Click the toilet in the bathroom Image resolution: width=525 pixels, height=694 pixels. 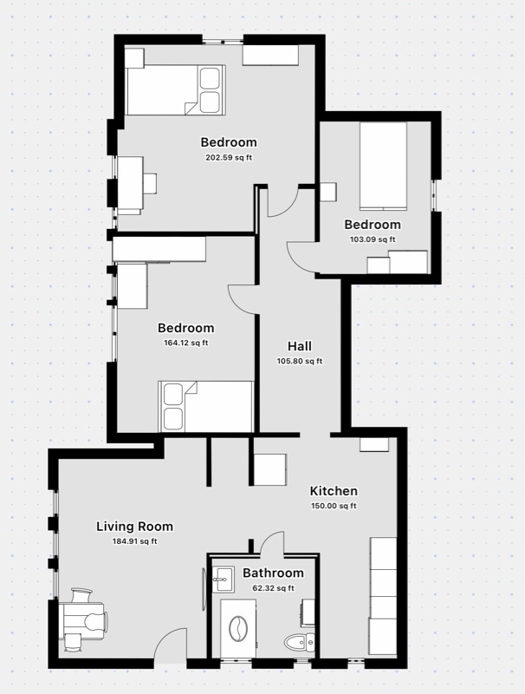[x=298, y=643]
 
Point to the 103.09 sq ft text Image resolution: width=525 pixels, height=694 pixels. [x=372, y=239]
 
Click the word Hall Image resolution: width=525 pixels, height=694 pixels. [x=300, y=345]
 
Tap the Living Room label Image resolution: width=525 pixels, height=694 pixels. [x=134, y=526]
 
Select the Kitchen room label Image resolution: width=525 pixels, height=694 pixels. [x=334, y=490]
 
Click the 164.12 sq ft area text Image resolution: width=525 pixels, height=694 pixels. [x=185, y=343]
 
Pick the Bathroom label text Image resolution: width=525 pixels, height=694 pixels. [x=273, y=573]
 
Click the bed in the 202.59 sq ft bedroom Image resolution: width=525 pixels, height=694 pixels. [x=175, y=89]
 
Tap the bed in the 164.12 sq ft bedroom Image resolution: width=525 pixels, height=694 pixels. [x=205, y=406]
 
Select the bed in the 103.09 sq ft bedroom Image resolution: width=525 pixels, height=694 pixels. [x=383, y=165]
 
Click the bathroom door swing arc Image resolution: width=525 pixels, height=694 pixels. [x=272, y=541]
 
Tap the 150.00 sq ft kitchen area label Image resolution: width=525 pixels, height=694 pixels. [x=334, y=506]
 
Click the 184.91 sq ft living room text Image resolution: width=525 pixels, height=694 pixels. [x=134, y=541]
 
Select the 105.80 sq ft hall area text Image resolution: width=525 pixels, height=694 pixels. [x=300, y=361]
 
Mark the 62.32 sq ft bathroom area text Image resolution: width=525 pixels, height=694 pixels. [x=273, y=587]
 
